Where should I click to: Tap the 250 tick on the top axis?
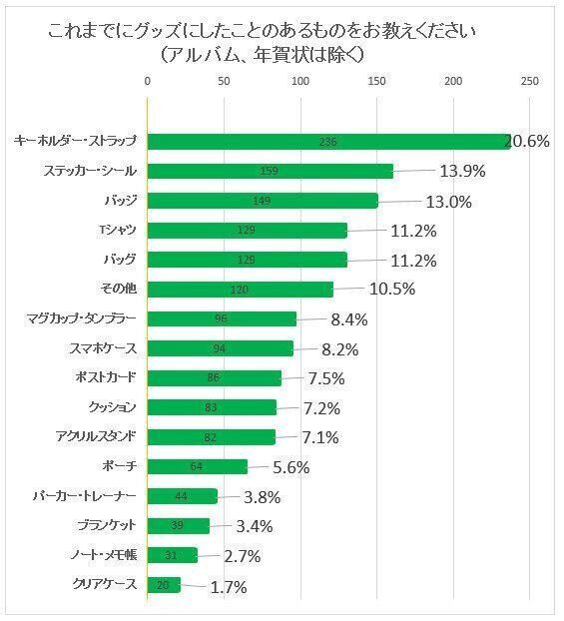[529, 81]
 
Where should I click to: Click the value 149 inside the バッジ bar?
[263, 201]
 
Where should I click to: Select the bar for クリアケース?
[164, 585]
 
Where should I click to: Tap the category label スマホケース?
[103, 348]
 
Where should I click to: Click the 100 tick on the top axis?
[300, 81]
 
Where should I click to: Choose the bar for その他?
[240, 290]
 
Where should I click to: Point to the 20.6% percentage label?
[527, 142]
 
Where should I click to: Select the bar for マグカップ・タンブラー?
[222, 319]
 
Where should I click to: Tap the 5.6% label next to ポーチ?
[290, 467]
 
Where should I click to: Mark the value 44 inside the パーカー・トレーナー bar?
[182, 496]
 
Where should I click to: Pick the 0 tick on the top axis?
[148, 81]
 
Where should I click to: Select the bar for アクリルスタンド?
[212, 437]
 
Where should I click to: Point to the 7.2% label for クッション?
[321, 408]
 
